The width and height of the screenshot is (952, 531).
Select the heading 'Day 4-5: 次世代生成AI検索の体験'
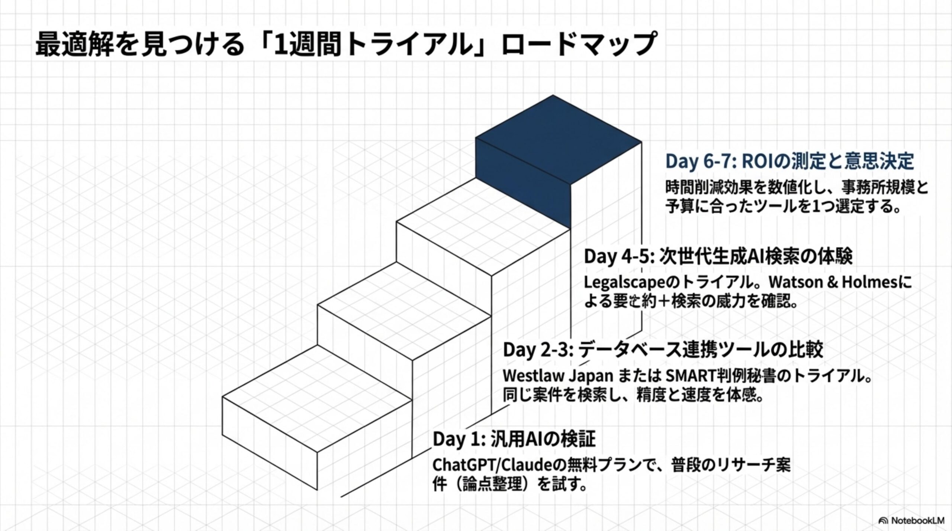(x=718, y=257)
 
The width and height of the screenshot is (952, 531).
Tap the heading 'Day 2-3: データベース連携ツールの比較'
(x=663, y=350)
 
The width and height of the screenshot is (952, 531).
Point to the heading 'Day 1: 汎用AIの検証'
(x=514, y=439)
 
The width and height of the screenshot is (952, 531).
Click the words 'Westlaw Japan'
(x=558, y=376)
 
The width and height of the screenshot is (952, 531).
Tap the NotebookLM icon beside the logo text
(x=883, y=520)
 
